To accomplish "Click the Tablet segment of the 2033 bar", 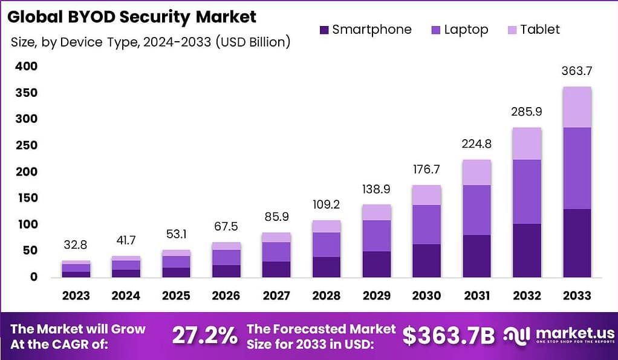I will (577, 107).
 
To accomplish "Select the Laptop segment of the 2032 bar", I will (526, 192).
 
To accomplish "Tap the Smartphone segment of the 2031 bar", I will (476, 256).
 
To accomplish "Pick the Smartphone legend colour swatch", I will (324, 30).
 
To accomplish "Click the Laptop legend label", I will (466, 30).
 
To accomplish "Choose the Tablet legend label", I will (540, 30).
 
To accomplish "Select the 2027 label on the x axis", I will (276, 296).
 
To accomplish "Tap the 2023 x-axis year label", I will (76, 296).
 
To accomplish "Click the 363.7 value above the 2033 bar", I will (577, 71).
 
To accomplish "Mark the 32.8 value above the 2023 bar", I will (76, 246).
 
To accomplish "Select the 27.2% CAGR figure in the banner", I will (205, 336).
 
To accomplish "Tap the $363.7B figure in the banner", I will (448, 336).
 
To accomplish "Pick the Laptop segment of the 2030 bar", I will (426, 224).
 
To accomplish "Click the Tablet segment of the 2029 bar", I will (376, 212).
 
